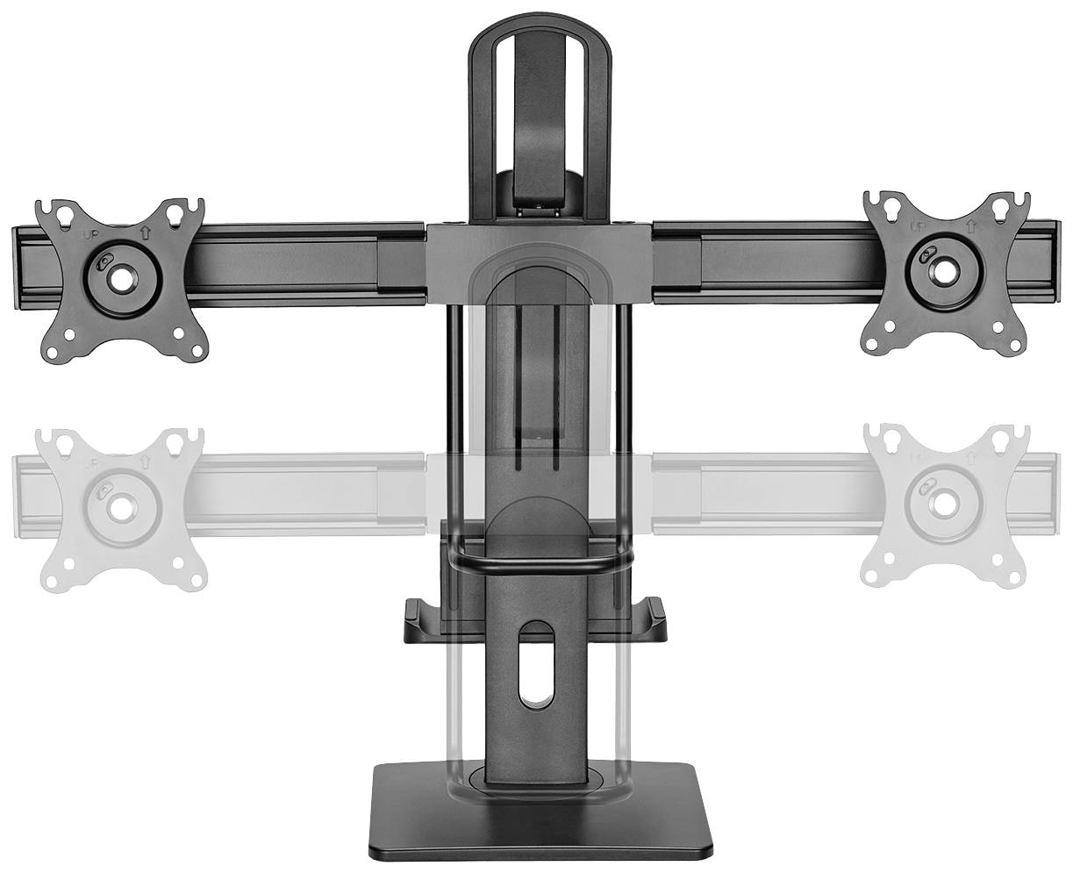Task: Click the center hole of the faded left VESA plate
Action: click(x=118, y=505)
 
